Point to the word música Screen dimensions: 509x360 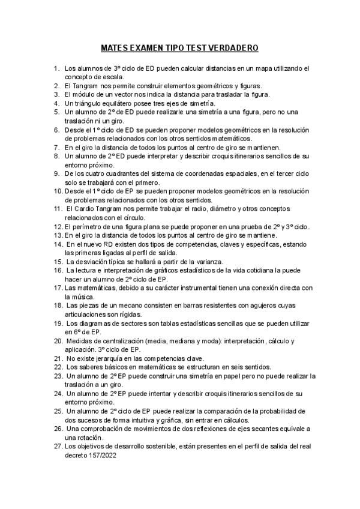75,297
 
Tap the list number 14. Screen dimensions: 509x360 58,244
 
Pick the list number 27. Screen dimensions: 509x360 58,447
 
